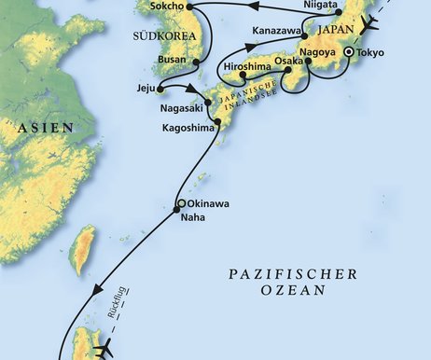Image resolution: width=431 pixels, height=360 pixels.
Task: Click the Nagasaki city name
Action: coord(174,109)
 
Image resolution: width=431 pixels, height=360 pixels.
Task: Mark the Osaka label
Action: coord(289,61)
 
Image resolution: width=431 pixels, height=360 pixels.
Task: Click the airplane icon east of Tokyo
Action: coord(371,24)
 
